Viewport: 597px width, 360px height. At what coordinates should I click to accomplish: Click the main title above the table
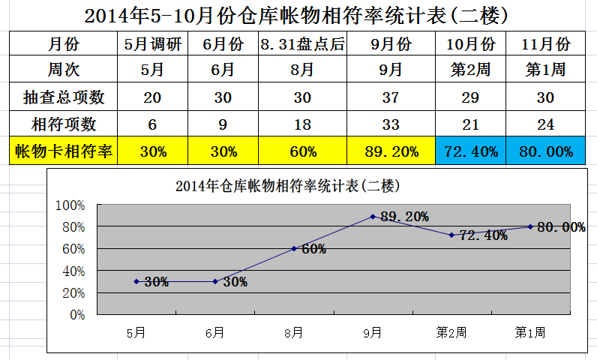tap(298, 15)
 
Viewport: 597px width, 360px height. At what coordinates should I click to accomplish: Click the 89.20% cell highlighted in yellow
tap(391, 151)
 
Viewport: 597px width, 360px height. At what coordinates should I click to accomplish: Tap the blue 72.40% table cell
tap(471, 151)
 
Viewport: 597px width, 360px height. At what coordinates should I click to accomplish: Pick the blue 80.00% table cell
tap(545, 151)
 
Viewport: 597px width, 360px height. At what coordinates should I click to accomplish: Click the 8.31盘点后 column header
tap(303, 44)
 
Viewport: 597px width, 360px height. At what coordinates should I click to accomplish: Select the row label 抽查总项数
tap(64, 97)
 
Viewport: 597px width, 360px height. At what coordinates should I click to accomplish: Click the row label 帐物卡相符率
tap(64, 151)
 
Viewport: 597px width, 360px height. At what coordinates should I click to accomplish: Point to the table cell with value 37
tap(391, 97)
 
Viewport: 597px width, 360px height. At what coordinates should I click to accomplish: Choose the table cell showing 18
tap(303, 124)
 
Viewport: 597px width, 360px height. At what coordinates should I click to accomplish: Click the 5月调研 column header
tap(152, 44)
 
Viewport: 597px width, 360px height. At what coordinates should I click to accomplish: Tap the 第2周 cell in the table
tap(471, 70)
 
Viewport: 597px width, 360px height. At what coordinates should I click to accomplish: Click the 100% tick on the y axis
tap(72, 205)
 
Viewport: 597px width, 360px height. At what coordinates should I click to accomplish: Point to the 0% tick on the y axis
tap(77, 315)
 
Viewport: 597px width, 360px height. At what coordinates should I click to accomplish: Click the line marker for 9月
tap(373, 217)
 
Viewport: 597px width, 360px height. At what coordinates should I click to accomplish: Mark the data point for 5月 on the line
tap(136, 281)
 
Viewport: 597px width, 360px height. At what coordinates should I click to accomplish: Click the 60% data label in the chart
tap(313, 249)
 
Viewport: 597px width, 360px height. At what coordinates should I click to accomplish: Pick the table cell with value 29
tap(471, 97)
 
